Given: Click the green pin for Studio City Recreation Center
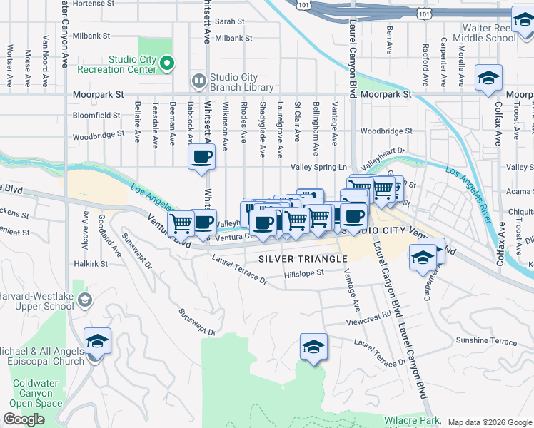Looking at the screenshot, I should [168, 65].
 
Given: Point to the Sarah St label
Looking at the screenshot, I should [230, 22].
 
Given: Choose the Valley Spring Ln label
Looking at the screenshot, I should [318, 167].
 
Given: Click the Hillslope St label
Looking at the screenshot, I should [304, 272].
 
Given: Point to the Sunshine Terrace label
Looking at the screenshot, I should [486, 342].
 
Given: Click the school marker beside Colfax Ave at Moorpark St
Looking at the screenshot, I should [488, 78].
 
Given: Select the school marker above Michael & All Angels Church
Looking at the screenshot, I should [97, 341].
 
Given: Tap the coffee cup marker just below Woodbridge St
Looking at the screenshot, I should [201, 156].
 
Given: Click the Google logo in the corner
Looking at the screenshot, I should [24, 419].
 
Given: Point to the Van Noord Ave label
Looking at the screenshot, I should [46, 50].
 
